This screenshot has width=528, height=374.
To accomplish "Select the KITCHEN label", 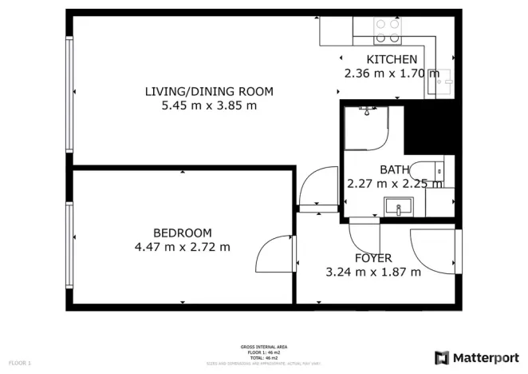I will (391, 60).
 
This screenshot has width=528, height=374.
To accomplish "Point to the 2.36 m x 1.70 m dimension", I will (391, 74).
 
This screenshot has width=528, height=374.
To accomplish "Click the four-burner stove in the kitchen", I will (388, 30).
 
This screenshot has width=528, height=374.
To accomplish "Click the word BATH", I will (394, 169).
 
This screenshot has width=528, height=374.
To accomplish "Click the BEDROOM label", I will (183, 233).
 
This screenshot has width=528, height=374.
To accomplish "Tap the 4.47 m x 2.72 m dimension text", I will (183, 247).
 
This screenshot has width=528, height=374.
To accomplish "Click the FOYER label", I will (373, 258).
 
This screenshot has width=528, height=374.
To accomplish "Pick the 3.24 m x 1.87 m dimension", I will (373, 273).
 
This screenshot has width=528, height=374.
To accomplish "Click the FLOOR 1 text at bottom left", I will (19, 364).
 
